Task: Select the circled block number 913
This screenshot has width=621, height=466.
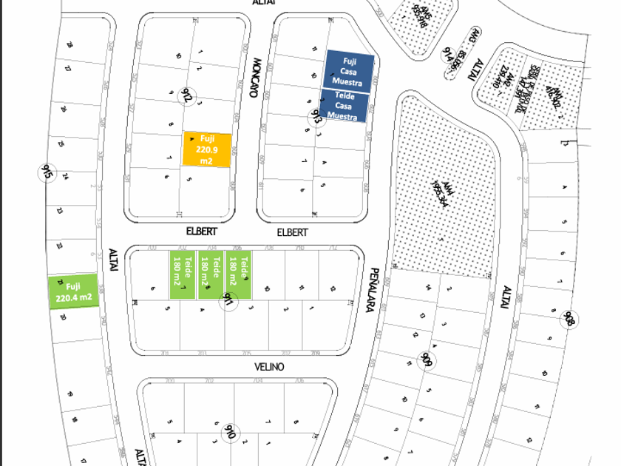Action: pyautogui.click(x=316, y=116)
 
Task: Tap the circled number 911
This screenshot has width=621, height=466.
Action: pyautogui.click(x=229, y=300)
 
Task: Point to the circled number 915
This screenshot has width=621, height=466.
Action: pyautogui.click(x=47, y=174)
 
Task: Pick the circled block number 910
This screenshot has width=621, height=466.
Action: pyautogui.click(x=229, y=432)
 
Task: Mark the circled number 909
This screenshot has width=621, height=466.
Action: pyautogui.click(x=425, y=361)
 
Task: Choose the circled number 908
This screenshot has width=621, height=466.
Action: pyautogui.click(x=569, y=320)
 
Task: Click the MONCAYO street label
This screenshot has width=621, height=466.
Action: pyautogui.click(x=256, y=78)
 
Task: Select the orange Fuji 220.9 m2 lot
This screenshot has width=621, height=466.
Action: pyautogui.click(x=208, y=149)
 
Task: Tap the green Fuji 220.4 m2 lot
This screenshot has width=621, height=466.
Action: pyautogui.click(x=73, y=292)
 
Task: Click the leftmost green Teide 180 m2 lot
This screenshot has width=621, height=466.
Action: pyautogui.click(x=182, y=274)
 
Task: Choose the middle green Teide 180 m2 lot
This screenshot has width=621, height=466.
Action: pyautogui.click(x=211, y=274)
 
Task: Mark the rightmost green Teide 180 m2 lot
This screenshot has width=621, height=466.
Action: pyautogui.click(x=239, y=274)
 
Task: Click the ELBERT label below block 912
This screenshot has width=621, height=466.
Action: pyautogui.click(x=202, y=232)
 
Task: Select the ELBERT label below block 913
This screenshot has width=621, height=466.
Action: pyautogui.click(x=292, y=232)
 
